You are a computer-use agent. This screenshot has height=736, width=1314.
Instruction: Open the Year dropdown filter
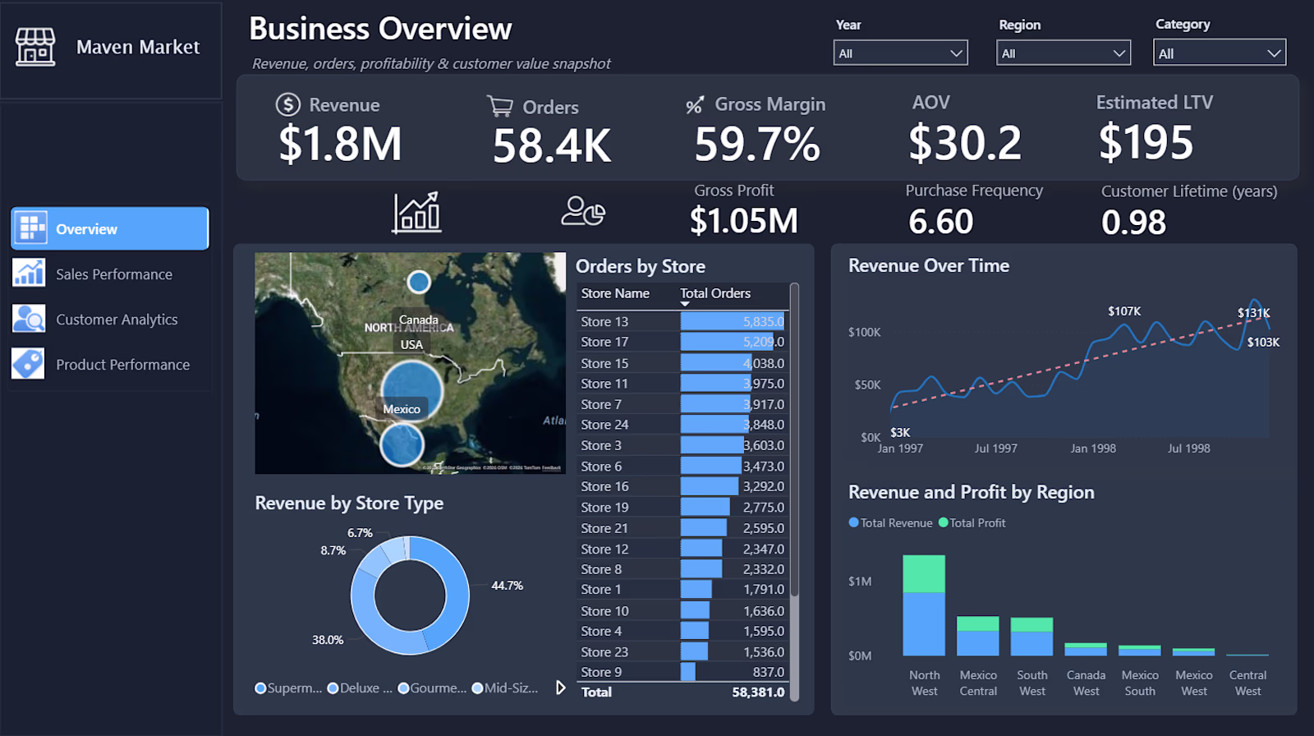click(x=900, y=53)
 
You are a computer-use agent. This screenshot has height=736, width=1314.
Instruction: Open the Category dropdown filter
click(x=1220, y=53)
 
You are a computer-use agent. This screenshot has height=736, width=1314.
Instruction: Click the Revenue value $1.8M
click(x=340, y=144)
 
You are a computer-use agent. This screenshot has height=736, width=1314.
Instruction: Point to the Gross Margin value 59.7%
click(x=757, y=144)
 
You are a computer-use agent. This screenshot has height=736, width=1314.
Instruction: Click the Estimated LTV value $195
click(x=1146, y=142)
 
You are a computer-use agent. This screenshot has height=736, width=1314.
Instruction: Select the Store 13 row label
click(x=604, y=322)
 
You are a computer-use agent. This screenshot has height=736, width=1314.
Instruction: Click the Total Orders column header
click(x=714, y=293)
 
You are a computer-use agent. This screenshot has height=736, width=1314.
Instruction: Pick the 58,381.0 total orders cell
click(x=758, y=692)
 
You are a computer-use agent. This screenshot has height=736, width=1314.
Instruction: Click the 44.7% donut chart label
click(x=507, y=586)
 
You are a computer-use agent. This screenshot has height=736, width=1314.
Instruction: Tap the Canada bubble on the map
click(x=419, y=282)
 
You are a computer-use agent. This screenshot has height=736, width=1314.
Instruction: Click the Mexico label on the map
click(x=401, y=409)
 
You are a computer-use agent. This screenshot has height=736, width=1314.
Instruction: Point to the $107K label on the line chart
click(x=1124, y=311)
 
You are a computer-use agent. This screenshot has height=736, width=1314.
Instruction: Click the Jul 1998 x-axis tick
click(x=1188, y=448)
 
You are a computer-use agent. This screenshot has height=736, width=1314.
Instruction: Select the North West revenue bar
click(x=924, y=623)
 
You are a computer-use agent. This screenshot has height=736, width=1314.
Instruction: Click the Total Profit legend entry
click(x=972, y=523)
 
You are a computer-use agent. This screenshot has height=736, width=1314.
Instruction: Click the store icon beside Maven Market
click(x=35, y=47)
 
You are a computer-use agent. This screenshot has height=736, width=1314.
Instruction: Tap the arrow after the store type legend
click(x=561, y=688)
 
